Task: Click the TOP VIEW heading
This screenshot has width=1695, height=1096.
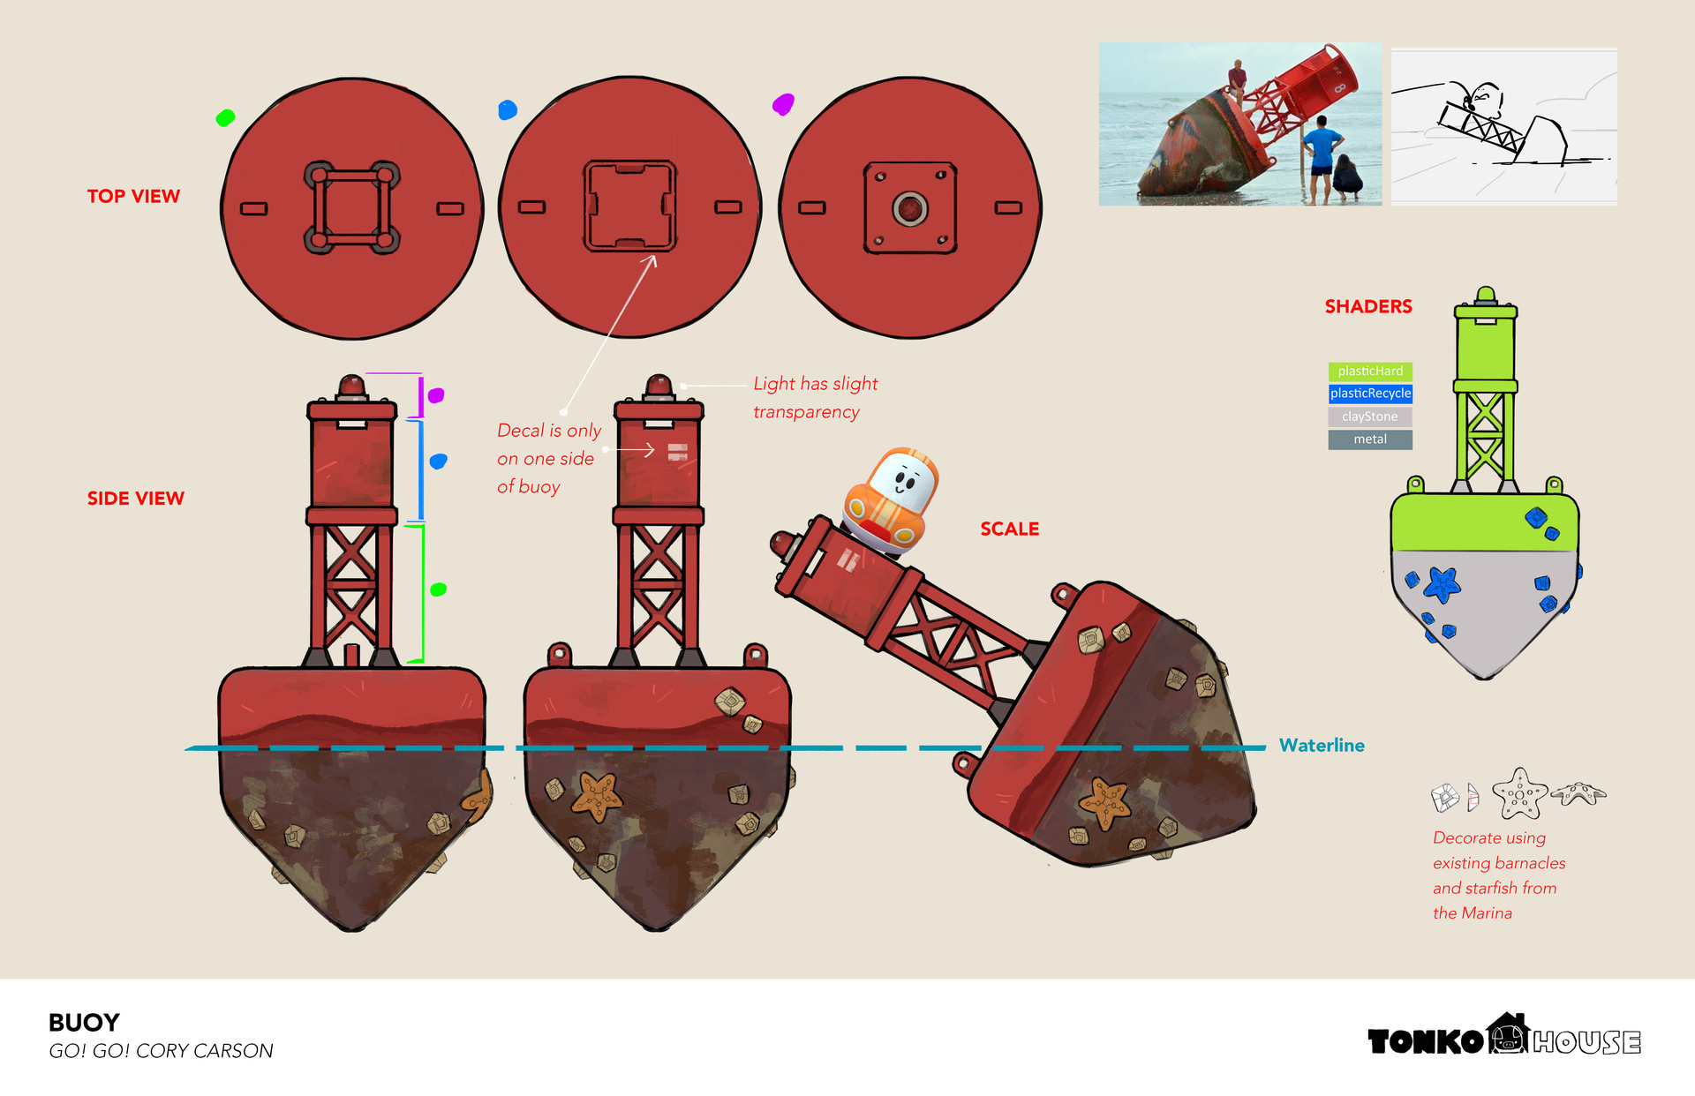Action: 133,196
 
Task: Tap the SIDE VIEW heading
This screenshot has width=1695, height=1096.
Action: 135,499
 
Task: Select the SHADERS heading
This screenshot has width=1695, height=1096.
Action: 1368,306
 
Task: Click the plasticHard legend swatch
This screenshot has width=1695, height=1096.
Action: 1370,372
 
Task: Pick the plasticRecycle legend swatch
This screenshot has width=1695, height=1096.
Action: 1370,394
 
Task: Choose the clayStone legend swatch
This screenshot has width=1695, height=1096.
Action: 1370,417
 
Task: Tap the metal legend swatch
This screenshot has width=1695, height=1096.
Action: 1370,439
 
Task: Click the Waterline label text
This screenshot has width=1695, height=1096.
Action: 1322,746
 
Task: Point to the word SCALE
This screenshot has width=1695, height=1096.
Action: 1010,529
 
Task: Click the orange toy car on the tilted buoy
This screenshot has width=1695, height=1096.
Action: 890,500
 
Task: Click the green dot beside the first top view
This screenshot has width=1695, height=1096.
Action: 225,117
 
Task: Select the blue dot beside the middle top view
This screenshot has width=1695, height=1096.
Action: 508,109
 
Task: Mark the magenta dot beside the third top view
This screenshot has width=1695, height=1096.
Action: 783,104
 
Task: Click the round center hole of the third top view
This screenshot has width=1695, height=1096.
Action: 909,209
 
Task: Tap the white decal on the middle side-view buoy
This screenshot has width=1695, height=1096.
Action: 677,452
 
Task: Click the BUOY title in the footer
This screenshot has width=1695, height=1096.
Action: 84,1023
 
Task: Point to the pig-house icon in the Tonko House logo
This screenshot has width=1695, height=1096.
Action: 1508,1033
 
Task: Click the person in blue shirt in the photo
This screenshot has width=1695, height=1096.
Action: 1322,157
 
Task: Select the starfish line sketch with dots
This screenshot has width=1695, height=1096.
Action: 1520,792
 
